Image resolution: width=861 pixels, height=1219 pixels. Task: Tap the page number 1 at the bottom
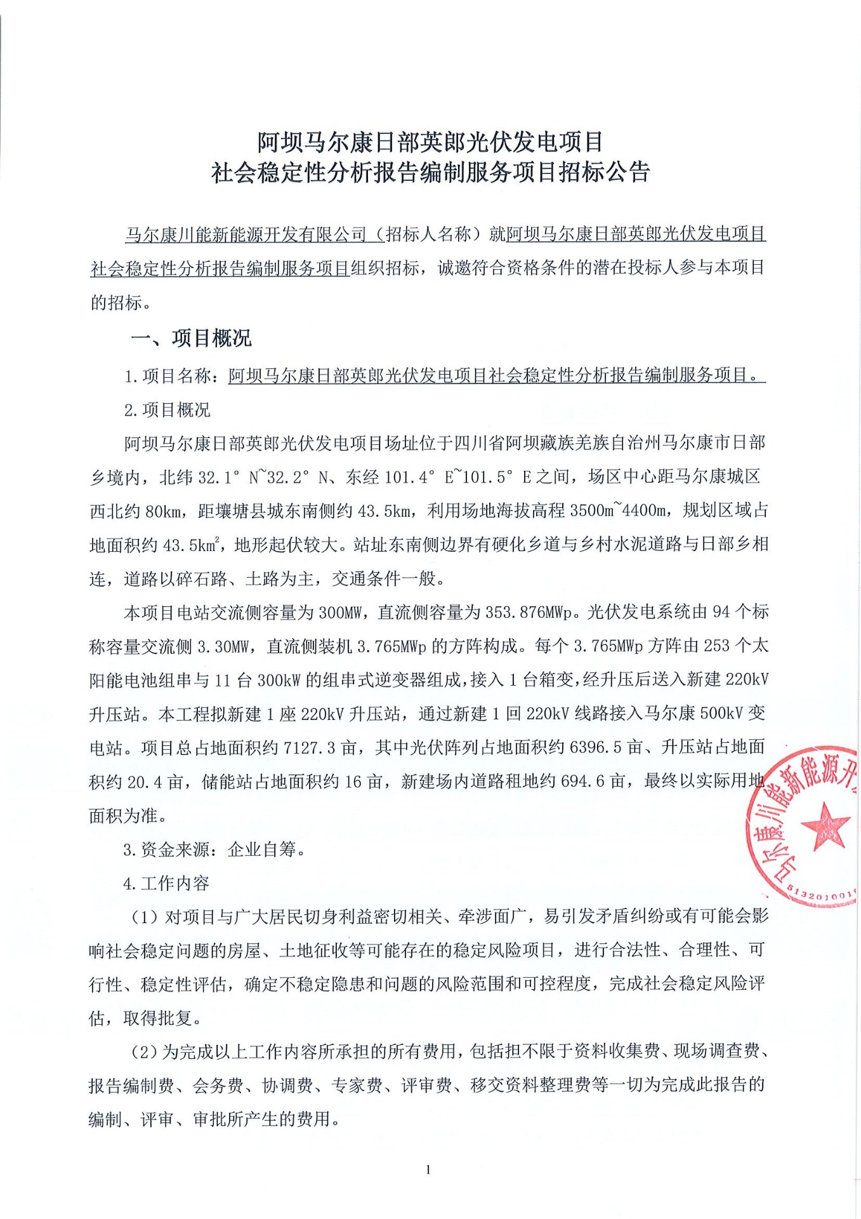(x=429, y=1169)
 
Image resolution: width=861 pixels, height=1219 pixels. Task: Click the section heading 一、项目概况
(x=190, y=338)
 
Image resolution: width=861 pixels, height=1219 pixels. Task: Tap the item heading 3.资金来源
(x=169, y=849)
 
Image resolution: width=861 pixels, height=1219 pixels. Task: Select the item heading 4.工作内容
(x=166, y=883)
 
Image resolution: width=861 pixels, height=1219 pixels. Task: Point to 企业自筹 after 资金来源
(x=261, y=849)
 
